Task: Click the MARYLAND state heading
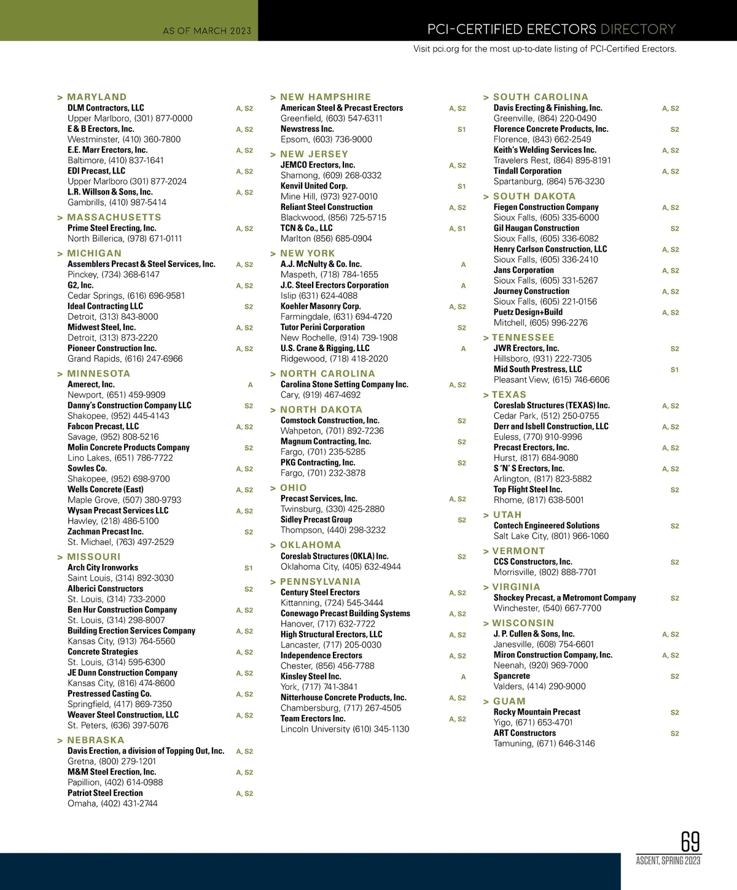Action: tap(96, 97)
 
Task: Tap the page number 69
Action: tap(690, 842)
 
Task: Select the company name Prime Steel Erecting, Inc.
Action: tap(112, 228)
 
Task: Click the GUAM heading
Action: tap(509, 702)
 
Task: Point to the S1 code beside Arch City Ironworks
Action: tap(248, 568)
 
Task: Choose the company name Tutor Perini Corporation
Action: tap(322, 327)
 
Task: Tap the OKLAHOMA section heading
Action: tap(310, 545)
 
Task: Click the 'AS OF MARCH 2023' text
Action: tap(207, 31)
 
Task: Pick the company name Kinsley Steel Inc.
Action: tap(311, 676)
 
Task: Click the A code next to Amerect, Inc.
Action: tap(250, 385)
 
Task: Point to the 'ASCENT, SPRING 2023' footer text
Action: tap(668, 861)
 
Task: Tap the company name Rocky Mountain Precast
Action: tap(537, 712)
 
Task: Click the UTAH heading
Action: tap(507, 515)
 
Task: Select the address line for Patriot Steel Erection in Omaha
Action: tap(112, 803)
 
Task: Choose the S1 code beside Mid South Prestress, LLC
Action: tap(674, 370)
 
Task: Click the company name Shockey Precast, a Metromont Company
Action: tap(564, 598)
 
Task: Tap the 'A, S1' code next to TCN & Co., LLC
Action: tap(457, 229)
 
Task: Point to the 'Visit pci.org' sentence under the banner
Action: tap(545, 49)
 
